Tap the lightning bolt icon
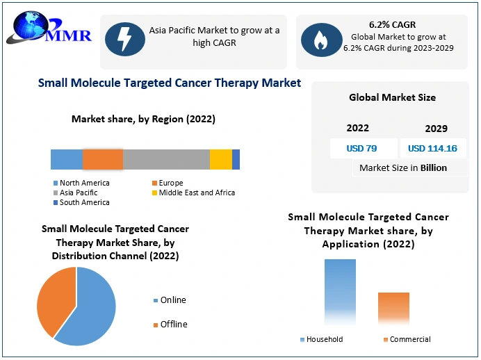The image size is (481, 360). pos(125,40)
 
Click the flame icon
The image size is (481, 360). pos(321,40)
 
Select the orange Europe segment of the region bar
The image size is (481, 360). pos(103,159)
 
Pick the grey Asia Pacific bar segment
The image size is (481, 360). pos(166,159)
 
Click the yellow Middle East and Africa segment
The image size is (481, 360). pos(221,159)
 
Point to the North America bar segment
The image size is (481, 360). pos(67,159)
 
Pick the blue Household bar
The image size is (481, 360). pos(340,292)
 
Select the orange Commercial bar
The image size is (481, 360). pos(393,309)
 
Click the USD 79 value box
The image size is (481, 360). pos(362,148)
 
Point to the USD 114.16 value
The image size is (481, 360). pos(432,148)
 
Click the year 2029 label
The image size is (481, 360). pos(436,129)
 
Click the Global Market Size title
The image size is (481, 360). pos(392,97)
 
